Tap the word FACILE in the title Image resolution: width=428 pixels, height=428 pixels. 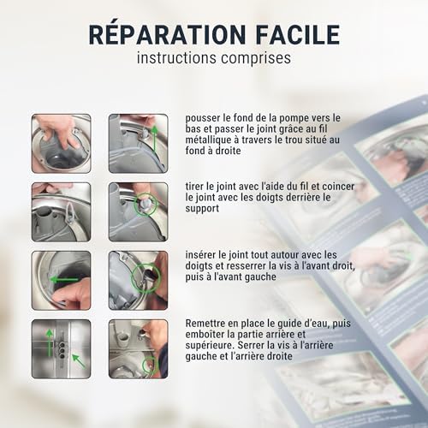click(298, 35)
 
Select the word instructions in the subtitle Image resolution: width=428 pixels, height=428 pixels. click(176, 57)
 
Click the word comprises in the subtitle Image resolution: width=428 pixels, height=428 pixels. click(256, 58)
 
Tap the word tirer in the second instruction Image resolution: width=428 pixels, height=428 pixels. click(194, 187)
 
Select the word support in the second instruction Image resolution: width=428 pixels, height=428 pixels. click(202, 209)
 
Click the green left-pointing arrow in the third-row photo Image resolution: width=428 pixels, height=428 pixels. click(64, 279)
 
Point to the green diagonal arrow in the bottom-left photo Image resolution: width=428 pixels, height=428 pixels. click(79, 360)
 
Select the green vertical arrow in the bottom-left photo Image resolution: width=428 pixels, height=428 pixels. click(50, 342)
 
